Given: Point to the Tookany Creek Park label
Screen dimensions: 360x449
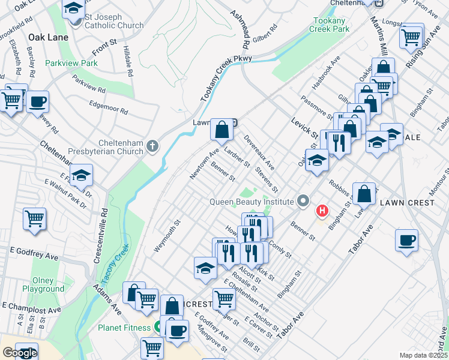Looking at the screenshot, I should point(331,25).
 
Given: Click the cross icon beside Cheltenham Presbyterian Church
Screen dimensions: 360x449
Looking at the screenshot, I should point(153,145).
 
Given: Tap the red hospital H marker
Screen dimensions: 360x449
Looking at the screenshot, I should point(322,211).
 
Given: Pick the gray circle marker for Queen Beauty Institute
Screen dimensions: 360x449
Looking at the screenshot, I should point(304,202).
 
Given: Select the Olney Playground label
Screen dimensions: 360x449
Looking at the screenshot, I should point(43,284).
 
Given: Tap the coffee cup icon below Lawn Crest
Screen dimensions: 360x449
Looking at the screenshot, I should point(407,241).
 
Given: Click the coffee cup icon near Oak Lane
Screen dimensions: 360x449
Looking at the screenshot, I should point(37,101).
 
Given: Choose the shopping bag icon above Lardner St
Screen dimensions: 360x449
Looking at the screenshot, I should point(222,129).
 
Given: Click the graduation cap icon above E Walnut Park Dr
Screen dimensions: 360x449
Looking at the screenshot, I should point(81,175).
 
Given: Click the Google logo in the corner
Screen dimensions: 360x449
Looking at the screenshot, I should point(20,353).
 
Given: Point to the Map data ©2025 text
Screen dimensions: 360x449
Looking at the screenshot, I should point(424,355).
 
